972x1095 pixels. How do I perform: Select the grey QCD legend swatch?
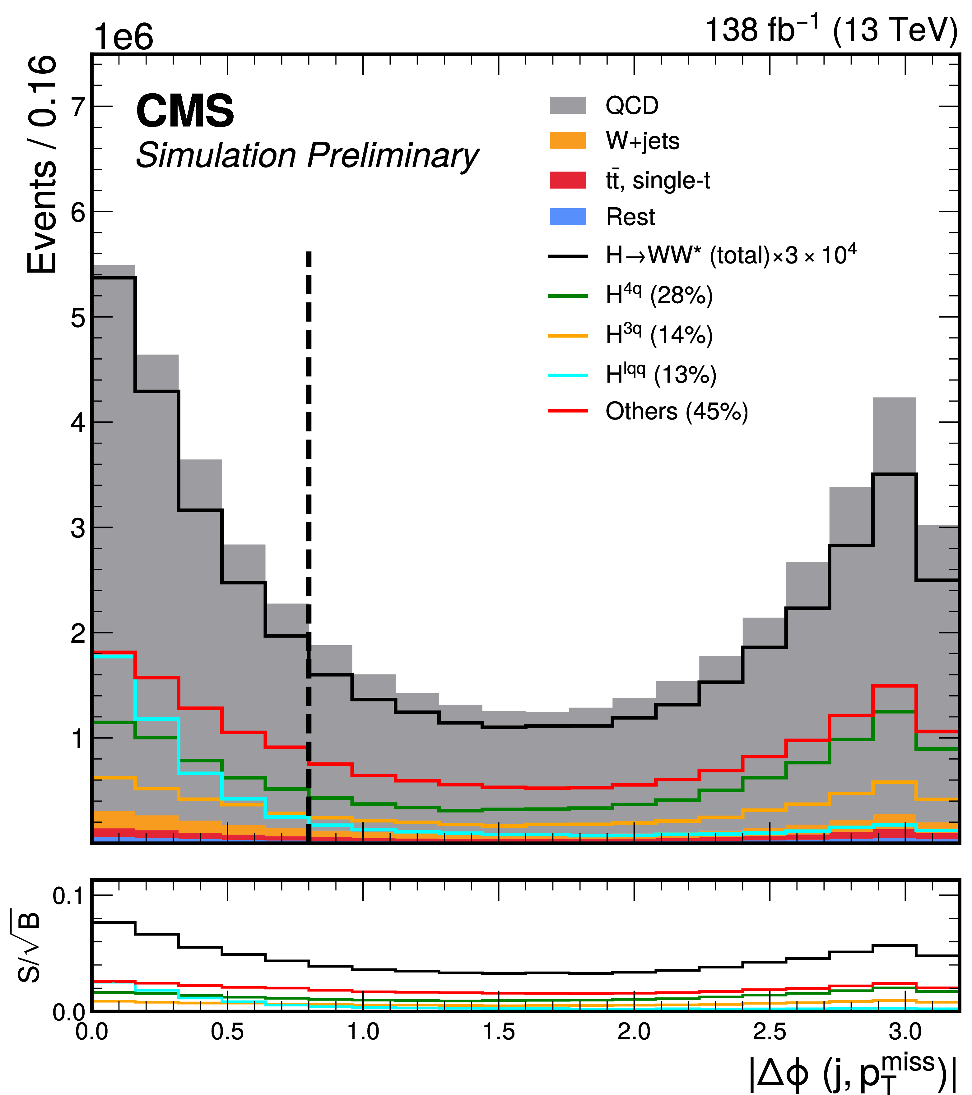pos(568,106)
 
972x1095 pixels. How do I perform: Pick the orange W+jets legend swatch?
pos(568,141)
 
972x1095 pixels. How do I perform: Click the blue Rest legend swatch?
pos(568,216)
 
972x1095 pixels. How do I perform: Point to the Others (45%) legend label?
pos(677,412)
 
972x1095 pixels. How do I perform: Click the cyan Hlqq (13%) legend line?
pos(568,375)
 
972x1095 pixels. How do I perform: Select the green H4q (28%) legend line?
pos(568,296)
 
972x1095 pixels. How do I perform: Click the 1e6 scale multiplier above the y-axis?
pos(123,38)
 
